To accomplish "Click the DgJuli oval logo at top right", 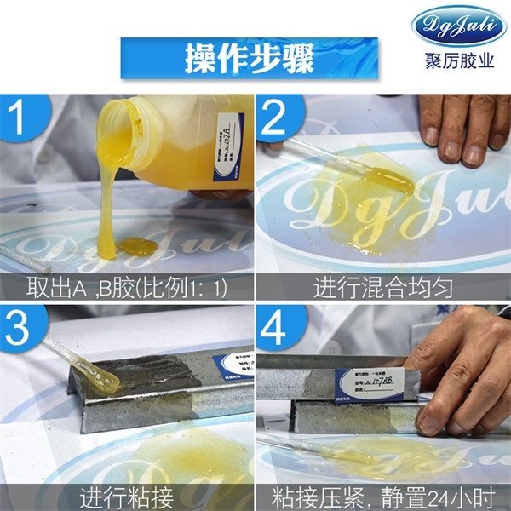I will (458, 26).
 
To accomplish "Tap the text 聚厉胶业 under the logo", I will (459, 63).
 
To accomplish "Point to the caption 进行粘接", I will (128, 497).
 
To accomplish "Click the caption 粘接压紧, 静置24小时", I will (383, 497).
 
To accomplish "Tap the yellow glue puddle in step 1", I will (136, 247).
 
